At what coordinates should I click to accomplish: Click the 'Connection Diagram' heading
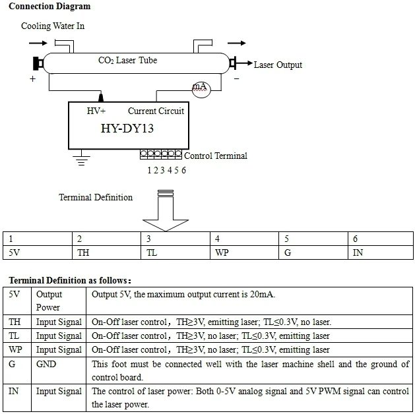point(49,7)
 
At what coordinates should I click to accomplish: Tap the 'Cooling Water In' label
point(53,26)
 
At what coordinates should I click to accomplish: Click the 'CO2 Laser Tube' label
point(127,61)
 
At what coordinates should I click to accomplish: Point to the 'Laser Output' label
point(278,65)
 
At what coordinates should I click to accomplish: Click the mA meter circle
point(199,88)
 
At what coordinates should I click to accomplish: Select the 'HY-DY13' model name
point(127,128)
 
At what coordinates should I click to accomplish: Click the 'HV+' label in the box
point(96,111)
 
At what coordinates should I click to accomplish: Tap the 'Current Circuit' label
point(156,111)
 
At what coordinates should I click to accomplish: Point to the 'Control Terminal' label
point(215,156)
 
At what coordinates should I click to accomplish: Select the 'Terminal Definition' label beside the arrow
point(95,197)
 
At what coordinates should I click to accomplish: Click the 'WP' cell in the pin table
point(222,252)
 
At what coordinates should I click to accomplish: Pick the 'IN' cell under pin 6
point(358,252)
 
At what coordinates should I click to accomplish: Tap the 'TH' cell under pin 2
point(83,252)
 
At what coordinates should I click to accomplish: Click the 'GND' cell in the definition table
point(47,364)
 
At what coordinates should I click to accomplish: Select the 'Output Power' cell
point(48,301)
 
